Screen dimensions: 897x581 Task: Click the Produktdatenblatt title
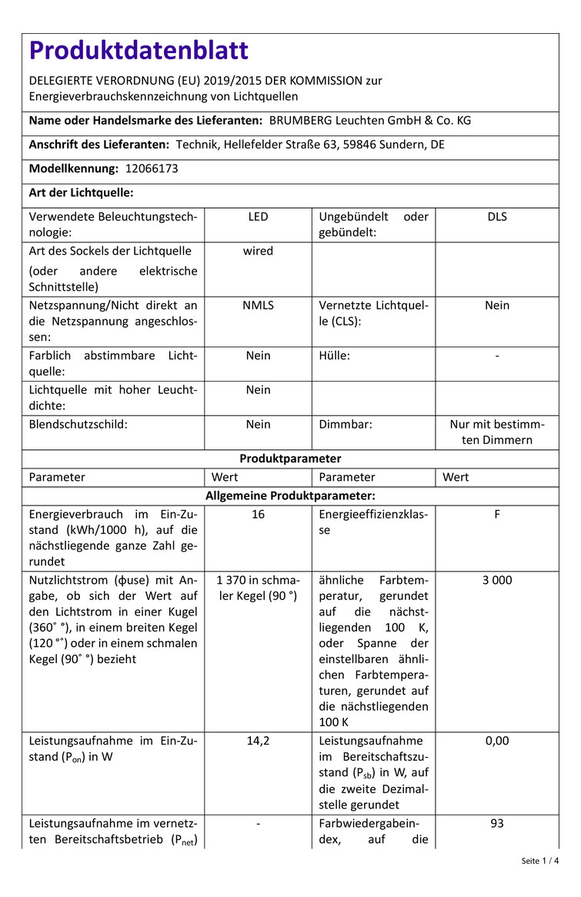coord(139,51)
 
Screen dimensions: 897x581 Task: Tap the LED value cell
coord(258,217)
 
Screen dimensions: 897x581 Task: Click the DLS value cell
coord(497,217)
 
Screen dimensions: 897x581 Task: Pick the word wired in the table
coord(258,251)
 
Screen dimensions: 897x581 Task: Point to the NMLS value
coord(258,305)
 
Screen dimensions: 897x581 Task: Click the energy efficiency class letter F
coord(497,514)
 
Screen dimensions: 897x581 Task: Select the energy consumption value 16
coord(258,514)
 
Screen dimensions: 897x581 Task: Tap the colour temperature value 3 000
coord(497,580)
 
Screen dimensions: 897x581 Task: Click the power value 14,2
coord(258,741)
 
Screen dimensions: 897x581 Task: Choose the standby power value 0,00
coord(497,741)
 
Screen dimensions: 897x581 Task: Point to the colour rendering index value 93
coord(497,823)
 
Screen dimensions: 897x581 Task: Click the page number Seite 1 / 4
coord(540,861)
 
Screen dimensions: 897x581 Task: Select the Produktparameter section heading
coord(290,459)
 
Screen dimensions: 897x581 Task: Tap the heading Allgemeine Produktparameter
coord(290,496)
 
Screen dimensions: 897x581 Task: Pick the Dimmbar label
coord(346,424)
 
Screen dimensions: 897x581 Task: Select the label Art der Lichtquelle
coord(82,193)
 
